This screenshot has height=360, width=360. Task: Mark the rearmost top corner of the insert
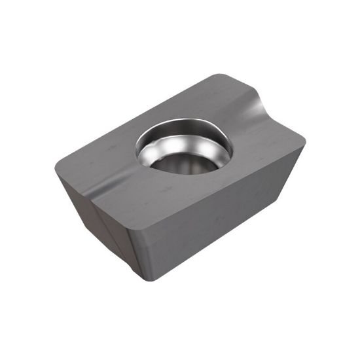click(x=219, y=76)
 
